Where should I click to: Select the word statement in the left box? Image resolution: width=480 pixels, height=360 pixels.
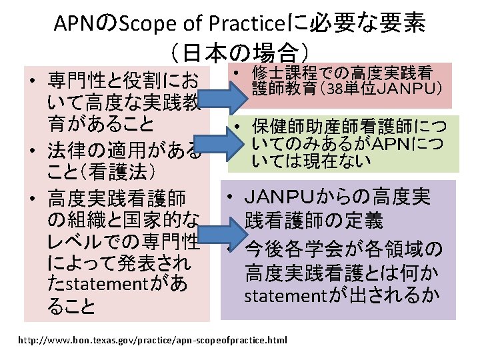tap(109, 283)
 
